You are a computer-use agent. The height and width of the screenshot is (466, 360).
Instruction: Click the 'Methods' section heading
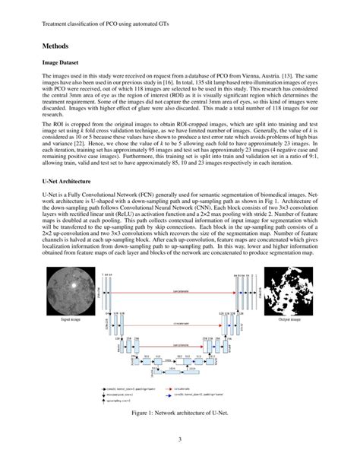tap(58, 46)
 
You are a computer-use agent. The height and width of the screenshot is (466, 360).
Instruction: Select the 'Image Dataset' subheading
tap(63, 65)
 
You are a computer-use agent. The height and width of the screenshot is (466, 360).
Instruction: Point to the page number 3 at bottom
tap(180, 439)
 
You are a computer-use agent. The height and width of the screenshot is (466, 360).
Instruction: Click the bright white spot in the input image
tap(74, 287)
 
